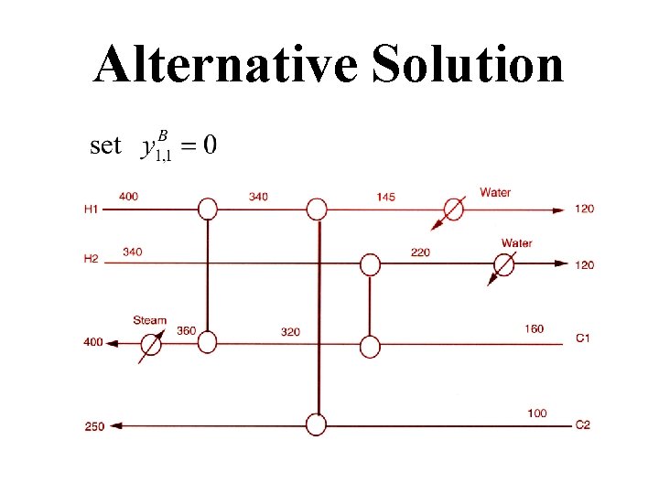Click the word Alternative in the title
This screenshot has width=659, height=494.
[225, 64]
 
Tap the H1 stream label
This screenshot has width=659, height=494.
[91, 209]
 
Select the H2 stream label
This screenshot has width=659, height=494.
[91, 259]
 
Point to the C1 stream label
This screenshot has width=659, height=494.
[582, 338]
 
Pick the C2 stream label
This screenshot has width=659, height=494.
[582, 424]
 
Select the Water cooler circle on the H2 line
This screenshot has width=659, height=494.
[502, 264]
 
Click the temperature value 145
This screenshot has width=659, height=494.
[385, 198]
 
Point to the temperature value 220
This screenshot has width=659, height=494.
[420, 252]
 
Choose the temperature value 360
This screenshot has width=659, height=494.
[186, 330]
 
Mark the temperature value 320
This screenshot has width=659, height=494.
[290, 331]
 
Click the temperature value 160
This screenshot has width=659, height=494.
[535, 328]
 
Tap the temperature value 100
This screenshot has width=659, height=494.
[537, 413]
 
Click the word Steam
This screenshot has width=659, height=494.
[150, 320]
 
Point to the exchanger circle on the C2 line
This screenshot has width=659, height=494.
[316, 425]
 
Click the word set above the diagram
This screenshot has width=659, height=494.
[105, 145]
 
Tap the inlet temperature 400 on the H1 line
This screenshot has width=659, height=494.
[129, 197]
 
